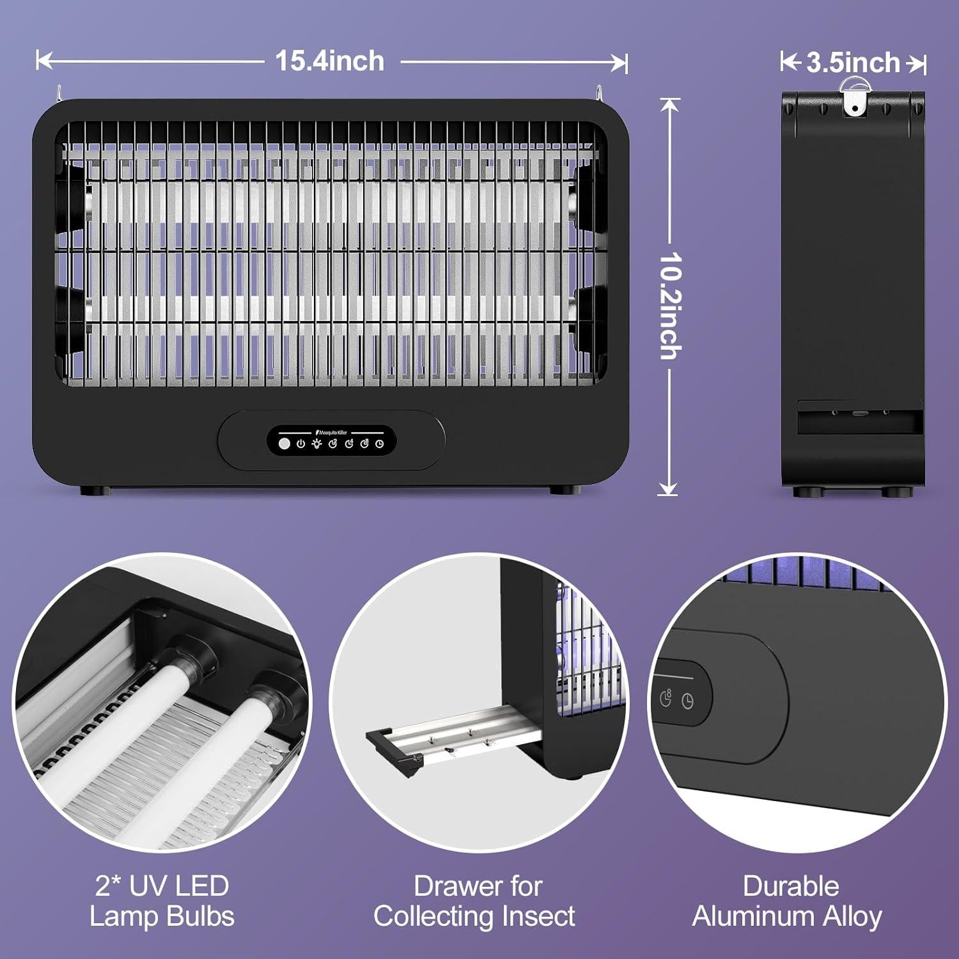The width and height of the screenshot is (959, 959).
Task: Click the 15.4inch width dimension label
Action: [x=330, y=61]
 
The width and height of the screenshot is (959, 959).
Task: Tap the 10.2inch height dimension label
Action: [x=669, y=305]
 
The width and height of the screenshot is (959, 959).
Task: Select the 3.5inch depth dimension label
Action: [x=853, y=63]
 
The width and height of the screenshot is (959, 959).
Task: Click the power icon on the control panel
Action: [x=300, y=444]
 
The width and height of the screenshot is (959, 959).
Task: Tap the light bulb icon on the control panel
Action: [x=316, y=444]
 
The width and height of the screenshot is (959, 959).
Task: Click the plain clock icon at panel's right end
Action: [x=380, y=444]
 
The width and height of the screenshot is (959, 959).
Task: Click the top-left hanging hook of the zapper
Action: [x=58, y=93]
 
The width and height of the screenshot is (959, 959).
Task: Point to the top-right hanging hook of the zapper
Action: [x=600, y=93]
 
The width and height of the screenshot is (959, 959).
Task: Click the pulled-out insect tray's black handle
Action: [x=389, y=754]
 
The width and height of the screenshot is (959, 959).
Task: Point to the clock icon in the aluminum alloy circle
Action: [x=687, y=701]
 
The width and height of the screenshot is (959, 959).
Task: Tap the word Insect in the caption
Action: [x=538, y=916]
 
